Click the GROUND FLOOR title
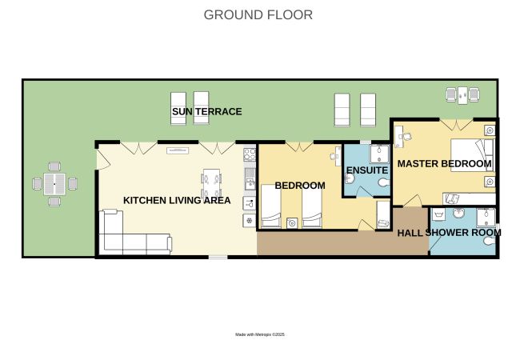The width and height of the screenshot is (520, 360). point(258,15)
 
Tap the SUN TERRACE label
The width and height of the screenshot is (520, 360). point(207,111)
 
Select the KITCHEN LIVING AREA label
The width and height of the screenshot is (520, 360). point(177,200)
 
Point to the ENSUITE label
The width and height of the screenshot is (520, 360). point(367,170)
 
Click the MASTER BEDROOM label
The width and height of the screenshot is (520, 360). point(444,163)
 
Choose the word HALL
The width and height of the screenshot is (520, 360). point(410,233)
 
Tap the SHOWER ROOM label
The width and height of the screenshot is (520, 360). point(463,233)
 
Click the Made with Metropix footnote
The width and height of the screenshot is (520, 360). point(260,334)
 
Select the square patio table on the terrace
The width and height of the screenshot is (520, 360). point(54,184)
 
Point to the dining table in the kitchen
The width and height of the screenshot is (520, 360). point(211,183)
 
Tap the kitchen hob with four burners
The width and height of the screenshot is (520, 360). point(250,154)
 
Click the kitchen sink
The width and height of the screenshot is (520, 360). point(250,178)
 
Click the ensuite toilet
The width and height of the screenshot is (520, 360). point(384,182)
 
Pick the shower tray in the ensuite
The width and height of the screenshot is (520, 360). point(380,154)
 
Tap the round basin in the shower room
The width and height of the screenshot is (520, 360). point(458,213)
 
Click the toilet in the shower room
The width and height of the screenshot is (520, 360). point(489,240)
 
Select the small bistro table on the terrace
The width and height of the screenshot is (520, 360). point(462,95)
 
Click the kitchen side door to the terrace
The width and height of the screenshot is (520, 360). point(103,159)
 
